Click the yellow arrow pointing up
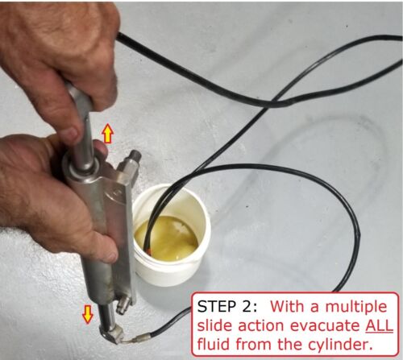(107, 134)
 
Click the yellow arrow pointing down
(88, 314)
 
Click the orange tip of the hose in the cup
(148, 251)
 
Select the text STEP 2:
(227, 306)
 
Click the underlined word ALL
(379, 325)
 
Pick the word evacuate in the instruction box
(325, 326)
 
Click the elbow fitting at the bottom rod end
(111, 333)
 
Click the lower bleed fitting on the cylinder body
(124, 305)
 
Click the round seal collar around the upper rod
(81, 166)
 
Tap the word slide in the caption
(214, 325)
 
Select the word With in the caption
(288, 306)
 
